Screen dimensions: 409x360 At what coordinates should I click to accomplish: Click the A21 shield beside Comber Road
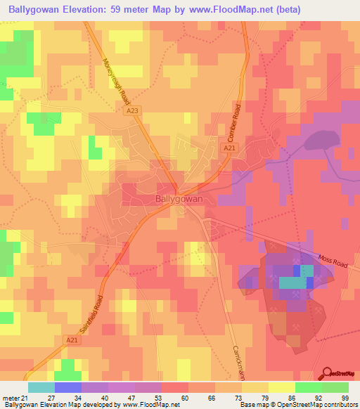(x=229, y=148)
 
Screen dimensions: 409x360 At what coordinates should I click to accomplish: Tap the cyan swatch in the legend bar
(x=41, y=387)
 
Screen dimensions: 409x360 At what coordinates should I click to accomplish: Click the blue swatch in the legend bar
(x=68, y=387)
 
